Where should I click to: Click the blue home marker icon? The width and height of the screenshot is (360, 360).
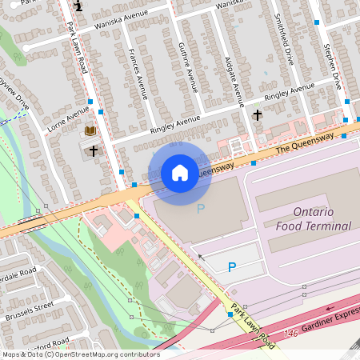[x=180, y=173]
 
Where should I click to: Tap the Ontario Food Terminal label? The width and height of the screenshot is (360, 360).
[x=314, y=218]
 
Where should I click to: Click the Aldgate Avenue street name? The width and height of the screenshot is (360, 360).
[x=234, y=81]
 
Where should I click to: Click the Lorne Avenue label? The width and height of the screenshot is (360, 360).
[x=68, y=118]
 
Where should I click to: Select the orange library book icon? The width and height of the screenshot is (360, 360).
[x=90, y=130]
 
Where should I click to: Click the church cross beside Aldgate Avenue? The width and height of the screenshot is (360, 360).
[x=257, y=115]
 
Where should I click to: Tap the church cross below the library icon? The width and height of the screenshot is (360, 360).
[x=93, y=150]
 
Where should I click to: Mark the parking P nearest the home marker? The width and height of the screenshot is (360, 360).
[x=201, y=209]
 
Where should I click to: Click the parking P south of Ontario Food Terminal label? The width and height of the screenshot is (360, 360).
[x=232, y=267]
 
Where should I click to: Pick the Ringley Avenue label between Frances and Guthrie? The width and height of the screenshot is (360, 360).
[x=175, y=123]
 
